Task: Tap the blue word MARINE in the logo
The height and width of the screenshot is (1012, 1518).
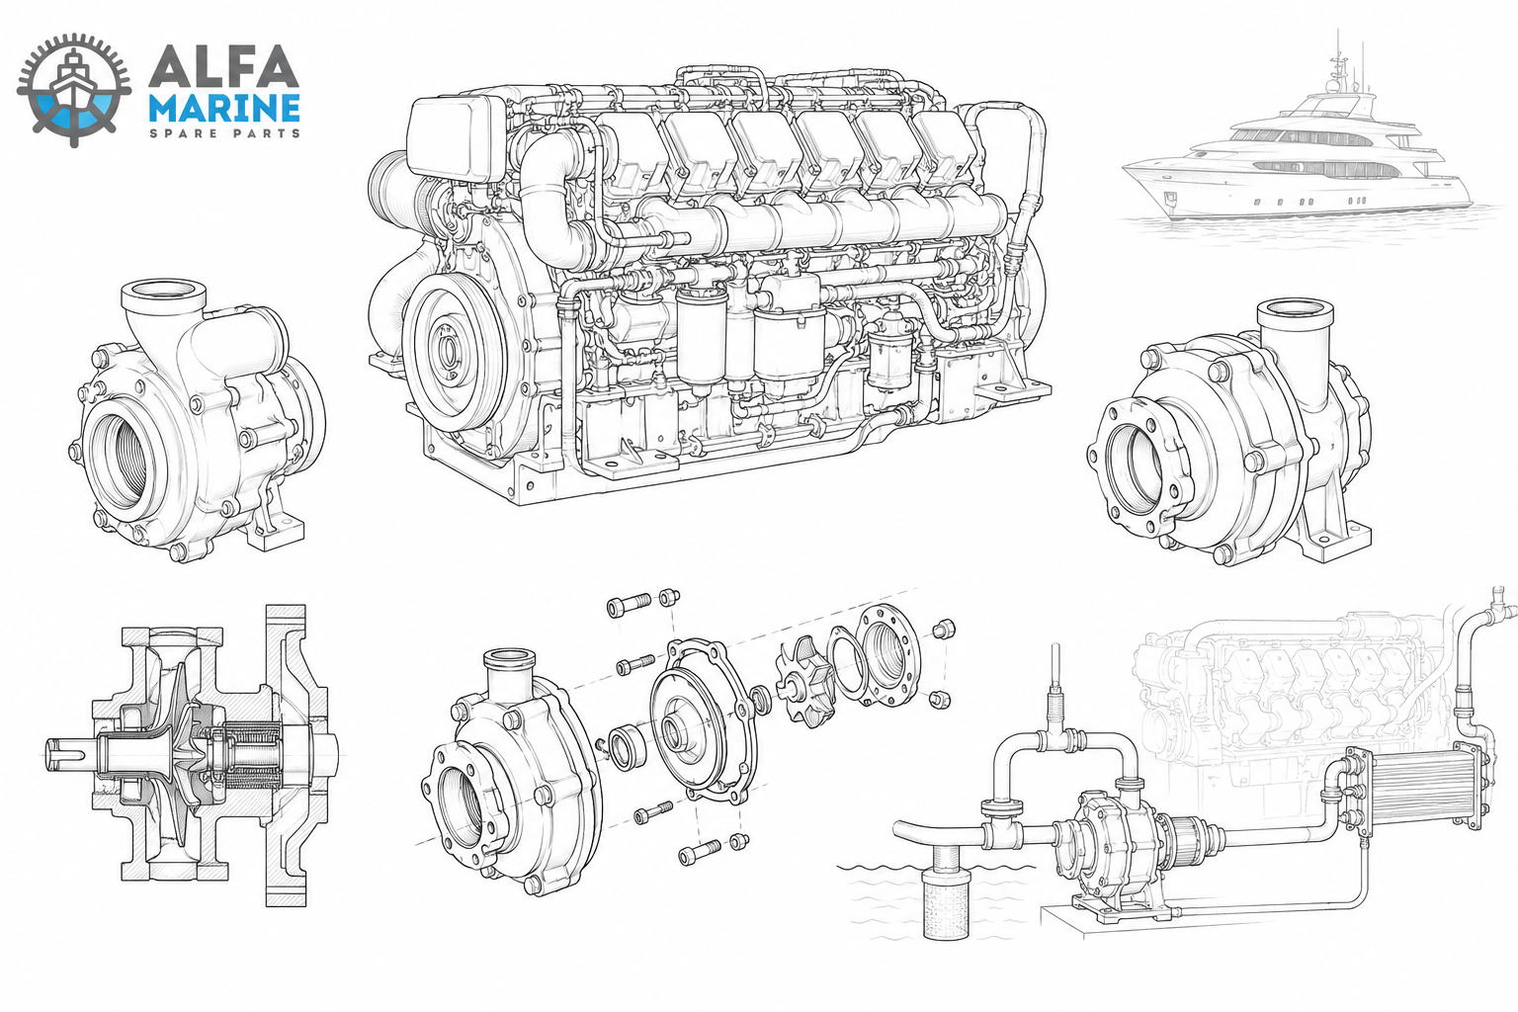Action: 223,109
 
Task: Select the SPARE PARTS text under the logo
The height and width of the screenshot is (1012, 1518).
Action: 224,132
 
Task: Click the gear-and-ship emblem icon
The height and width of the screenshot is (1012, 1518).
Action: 74,90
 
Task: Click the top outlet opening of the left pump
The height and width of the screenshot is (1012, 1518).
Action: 163,294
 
